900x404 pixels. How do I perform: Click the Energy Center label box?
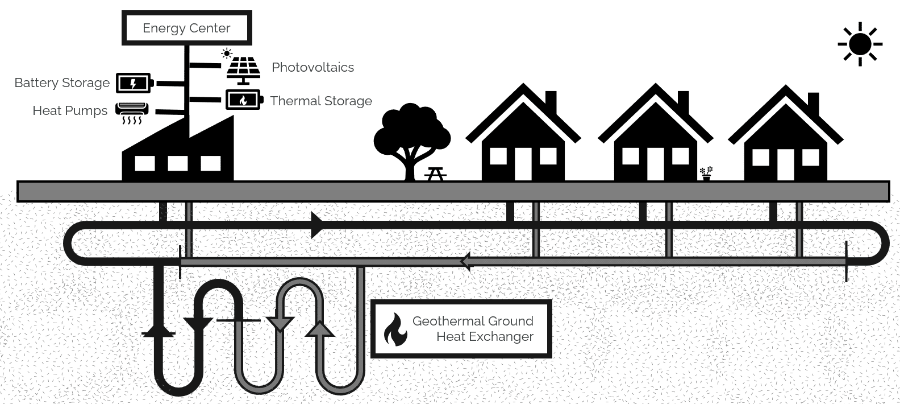click(186, 28)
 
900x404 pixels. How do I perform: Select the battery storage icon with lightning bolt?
click(134, 83)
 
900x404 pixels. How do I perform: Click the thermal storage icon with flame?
click(244, 100)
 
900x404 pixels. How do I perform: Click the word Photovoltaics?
click(312, 67)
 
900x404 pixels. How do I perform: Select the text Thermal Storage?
click(321, 101)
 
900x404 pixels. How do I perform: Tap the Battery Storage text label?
click(62, 83)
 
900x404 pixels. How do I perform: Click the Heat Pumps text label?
click(70, 110)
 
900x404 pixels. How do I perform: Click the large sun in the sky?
click(860, 44)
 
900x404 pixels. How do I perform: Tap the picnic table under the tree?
click(435, 174)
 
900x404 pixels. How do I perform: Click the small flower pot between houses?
click(706, 174)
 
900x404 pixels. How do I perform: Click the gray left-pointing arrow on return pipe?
click(467, 262)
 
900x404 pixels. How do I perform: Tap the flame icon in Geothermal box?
click(395, 330)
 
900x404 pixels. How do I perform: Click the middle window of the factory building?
click(178, 164)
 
